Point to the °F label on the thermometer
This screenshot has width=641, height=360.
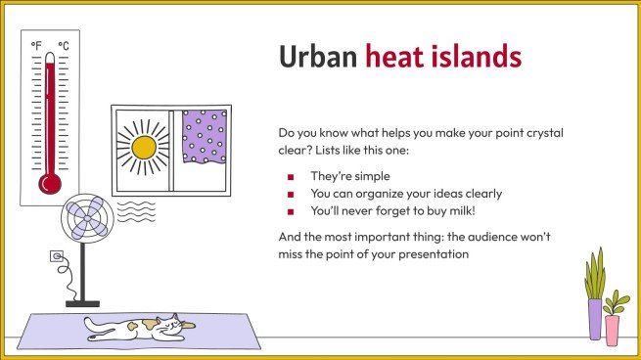37,46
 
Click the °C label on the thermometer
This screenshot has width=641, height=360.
63,46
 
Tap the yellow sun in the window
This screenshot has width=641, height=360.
143,147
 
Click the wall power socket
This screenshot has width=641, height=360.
56,258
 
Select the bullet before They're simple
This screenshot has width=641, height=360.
291,177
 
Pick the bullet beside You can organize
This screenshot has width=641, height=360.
291,194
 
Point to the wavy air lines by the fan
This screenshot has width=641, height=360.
135,210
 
